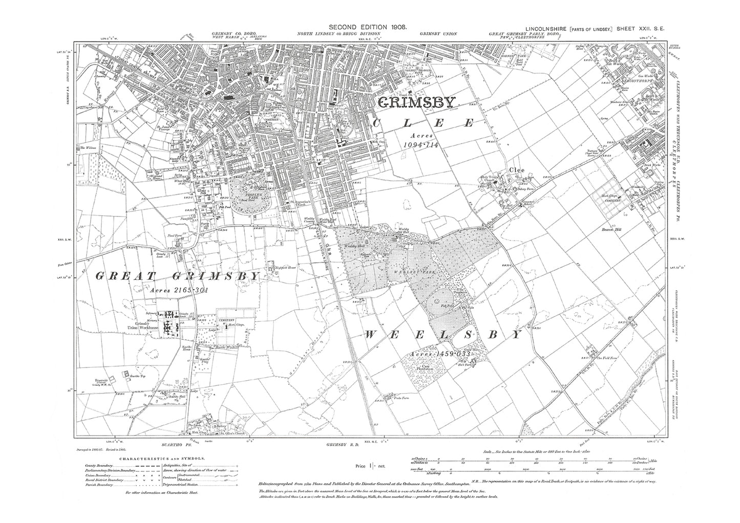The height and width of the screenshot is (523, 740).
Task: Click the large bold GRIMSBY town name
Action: pos(416,102)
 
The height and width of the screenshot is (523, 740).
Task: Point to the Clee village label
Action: pos(515,171)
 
